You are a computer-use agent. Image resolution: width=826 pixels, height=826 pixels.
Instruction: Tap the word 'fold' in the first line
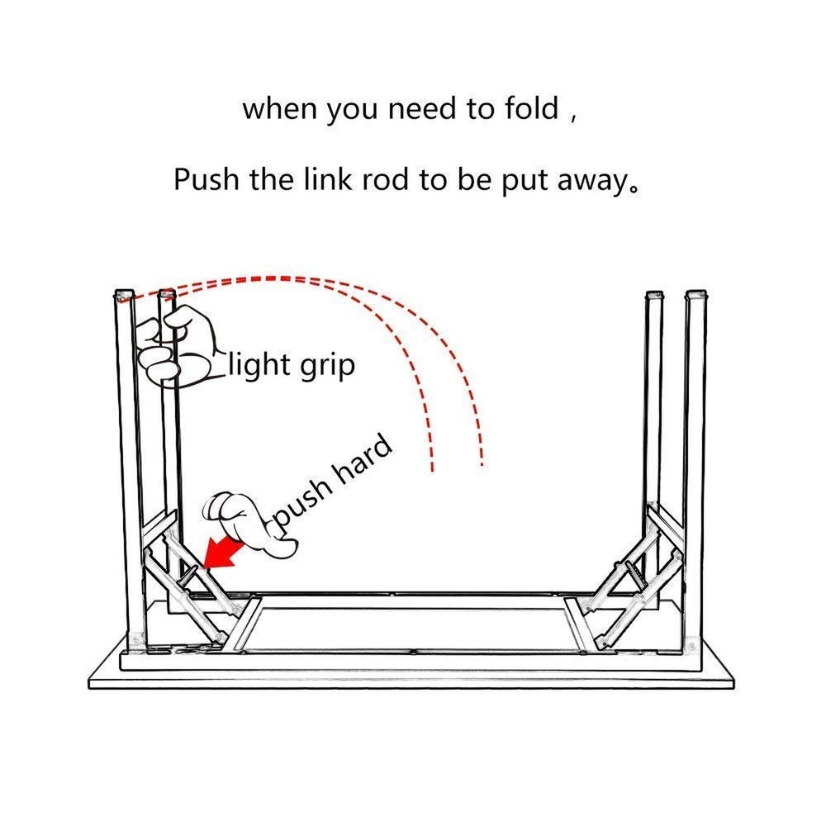[529, 109]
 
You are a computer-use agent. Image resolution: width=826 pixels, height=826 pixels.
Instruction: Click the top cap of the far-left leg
[123, 294]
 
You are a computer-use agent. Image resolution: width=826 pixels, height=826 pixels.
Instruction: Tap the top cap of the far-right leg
[697, 294]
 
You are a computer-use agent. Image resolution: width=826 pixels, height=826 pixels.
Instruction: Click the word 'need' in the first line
[424, 109]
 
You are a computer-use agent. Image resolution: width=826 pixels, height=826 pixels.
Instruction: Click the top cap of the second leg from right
[654, 295]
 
